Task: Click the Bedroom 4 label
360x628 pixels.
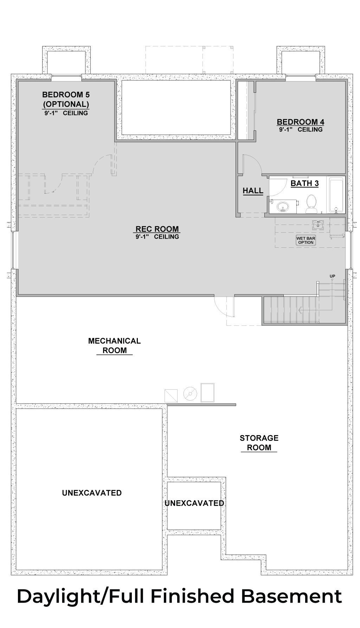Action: click(x=300, y=122)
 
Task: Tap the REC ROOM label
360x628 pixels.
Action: click(x=157, y=229)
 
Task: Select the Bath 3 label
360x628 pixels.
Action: click(x=304, y=183)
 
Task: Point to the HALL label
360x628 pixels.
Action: click(x=253, y=191)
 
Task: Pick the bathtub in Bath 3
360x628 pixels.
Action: click(x=336, y=195)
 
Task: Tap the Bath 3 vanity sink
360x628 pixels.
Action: click(x=283, y=206)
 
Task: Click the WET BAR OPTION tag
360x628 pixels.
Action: click(x=305, y=240)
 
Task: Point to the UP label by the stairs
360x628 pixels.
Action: click(x=332, y=276)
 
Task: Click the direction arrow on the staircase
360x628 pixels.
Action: click(x=302, y=310)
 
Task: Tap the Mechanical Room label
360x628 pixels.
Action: click(x=114, y=345)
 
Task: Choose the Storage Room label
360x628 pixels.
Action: click(x=259, y=443)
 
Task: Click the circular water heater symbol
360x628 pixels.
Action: click(x=189, y=394)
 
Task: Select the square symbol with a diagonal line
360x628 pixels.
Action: click(x=171, y=395)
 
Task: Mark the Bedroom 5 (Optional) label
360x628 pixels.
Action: click(x=66, y=99)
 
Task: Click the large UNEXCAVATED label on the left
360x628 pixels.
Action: click(x=92, y=493)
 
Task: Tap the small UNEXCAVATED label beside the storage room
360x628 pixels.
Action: click(x=194, y=503)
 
